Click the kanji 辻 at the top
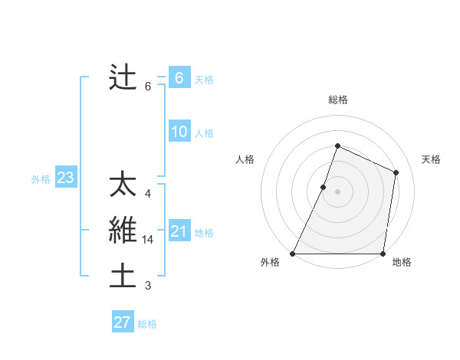(x=123, y=77)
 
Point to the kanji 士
(x=123, y=276)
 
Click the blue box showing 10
(x=179, y=132)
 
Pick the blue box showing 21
(x=179, y=231)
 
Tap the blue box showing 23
(x=65, y=178)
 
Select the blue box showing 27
(x=123, y=322)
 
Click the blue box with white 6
(x=179, y=77)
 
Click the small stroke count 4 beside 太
(x=148, y=194)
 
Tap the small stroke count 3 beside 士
(x=148, y=286)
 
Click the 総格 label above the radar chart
(x=338, y=100)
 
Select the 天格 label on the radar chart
(x=432, y=159)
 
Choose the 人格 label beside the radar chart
(x=245, y=159)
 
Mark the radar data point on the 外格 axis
(x=293, y=254)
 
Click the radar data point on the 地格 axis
(x=383, y=254)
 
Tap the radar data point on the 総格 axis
(x=337, y=146)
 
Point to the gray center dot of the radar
(x=337, y=191)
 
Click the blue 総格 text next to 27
(x=147, y=324)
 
